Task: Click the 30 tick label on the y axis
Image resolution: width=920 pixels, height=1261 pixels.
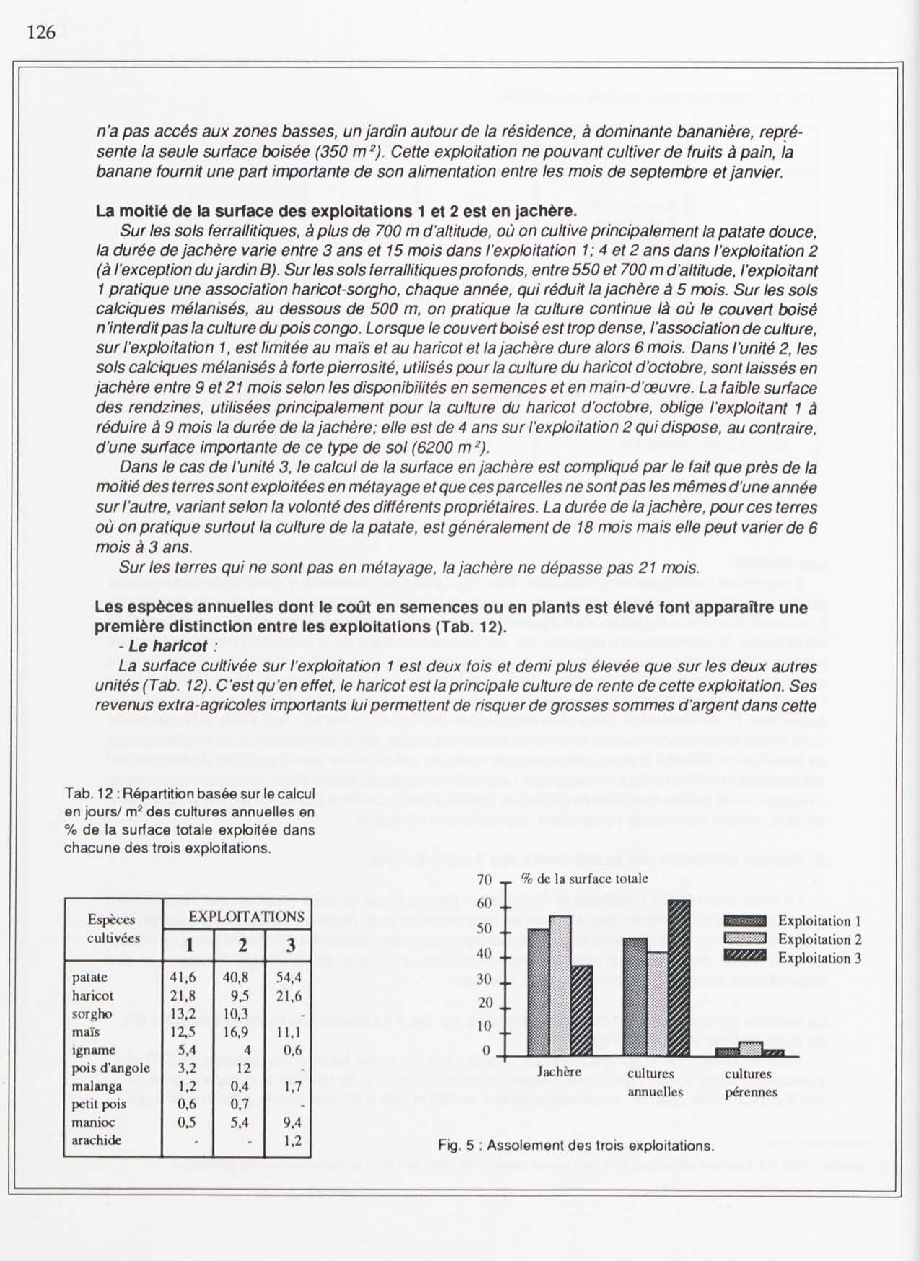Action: pyautogui.click(x=485, y=979)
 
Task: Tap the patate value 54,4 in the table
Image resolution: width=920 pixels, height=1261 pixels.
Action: pyautogui.click(x=289, y=977)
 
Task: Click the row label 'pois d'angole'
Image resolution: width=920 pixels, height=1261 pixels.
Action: pyautogui.click(x=111, y=1068)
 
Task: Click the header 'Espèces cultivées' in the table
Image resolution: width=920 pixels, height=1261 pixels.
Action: pyautogui.click(x=114, y=928)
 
